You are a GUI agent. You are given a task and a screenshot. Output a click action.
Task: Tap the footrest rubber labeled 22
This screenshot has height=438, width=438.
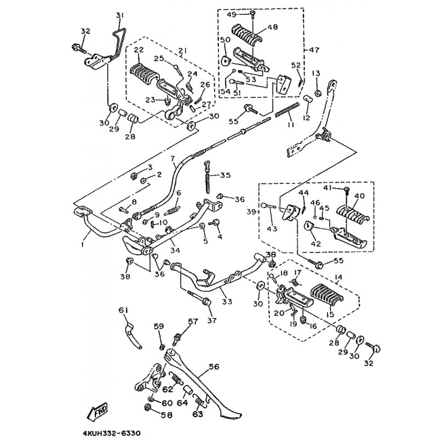[x=146, y=72]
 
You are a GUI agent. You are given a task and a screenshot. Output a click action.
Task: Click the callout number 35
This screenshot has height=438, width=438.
[x=226, y=176]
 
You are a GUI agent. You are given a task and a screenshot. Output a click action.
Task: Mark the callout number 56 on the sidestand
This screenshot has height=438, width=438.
[x=213, y=367]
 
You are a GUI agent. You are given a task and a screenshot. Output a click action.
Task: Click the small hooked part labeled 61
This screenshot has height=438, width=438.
[x=131, y=331]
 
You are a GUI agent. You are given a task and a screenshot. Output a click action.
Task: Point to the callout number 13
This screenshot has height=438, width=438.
[x=316, y=73]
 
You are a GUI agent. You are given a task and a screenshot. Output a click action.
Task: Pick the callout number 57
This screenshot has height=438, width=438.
[x=193, y=322]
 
